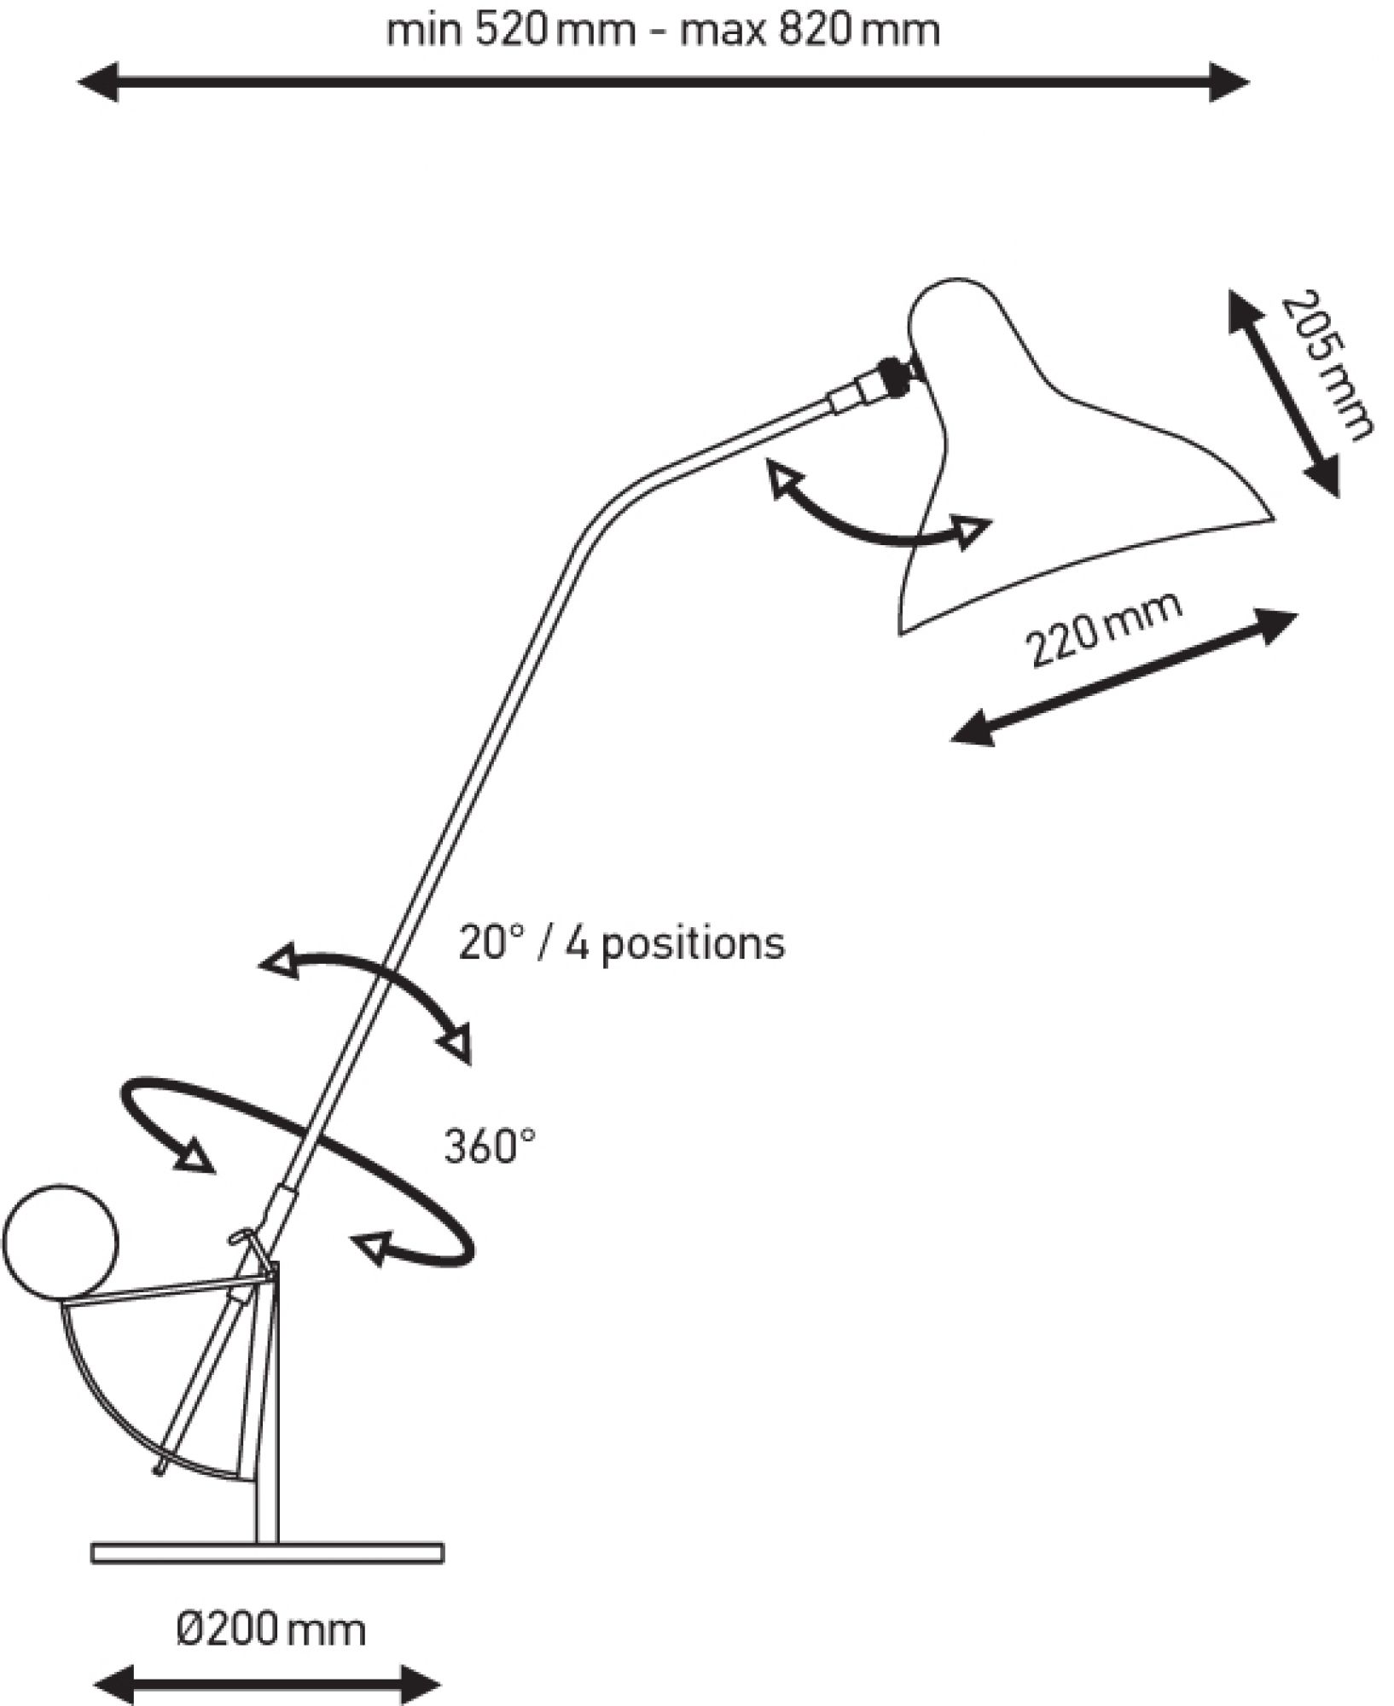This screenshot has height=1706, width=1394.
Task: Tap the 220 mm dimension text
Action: pyautogui.click(x=1104, y=629)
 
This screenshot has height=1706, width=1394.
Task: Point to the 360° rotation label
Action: pyautogui.click(x=489, y=1146)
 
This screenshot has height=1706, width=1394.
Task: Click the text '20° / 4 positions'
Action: pyautogui.click(x=621, y=943)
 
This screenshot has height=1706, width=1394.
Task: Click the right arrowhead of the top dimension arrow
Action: pyautogui.click(x=1229, y=83)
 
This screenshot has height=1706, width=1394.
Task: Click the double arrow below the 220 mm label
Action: pyautogui.click(x=1124, y=677)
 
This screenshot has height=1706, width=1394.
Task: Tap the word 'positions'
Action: pyautogui.click(x=693, y=945)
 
